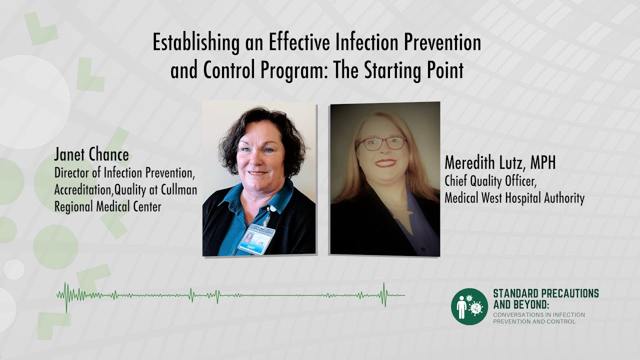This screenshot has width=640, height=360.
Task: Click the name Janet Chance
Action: point(91,155)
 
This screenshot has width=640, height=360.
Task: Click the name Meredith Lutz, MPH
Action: point(500,163)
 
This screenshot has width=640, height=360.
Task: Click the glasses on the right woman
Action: point(381,143)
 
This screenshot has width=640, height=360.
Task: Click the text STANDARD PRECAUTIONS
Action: point(545,294)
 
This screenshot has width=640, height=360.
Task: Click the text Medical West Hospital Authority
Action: point(514,198)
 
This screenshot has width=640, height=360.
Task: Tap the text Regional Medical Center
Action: point(108,206)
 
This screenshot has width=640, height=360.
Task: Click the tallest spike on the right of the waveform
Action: point(384,294)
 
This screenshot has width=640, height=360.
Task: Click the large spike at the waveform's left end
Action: point(66,296)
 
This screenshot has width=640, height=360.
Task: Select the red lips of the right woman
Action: point(385,163)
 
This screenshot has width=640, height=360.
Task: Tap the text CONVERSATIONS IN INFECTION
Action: point(538,315)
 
